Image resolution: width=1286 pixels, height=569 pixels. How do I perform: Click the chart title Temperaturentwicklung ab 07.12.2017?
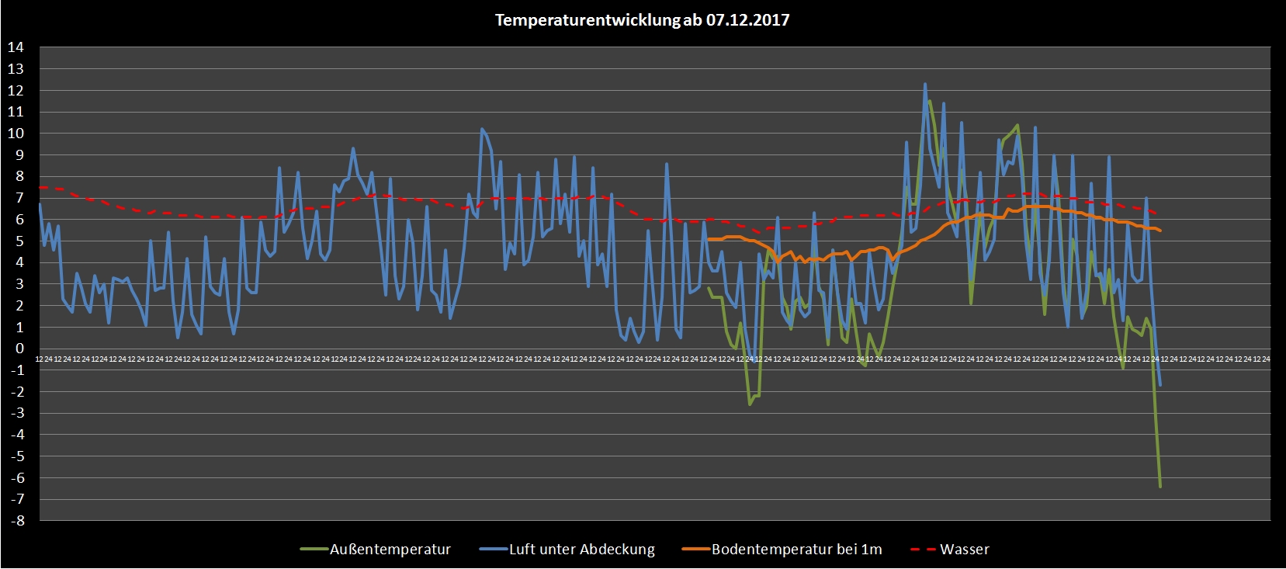[642, 20]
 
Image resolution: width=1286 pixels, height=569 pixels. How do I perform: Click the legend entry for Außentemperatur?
[390, 550]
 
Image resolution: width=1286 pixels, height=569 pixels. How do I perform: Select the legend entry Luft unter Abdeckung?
[581, 550]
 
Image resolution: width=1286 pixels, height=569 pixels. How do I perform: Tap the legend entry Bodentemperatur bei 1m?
[796, 550]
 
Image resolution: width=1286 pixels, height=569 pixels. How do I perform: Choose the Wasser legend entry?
[964, 550]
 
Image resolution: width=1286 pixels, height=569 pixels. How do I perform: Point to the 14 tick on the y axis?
[16, 47]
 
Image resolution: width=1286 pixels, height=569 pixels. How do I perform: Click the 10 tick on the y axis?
[16, 134]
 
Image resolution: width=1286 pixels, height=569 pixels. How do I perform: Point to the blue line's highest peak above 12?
[925, 84]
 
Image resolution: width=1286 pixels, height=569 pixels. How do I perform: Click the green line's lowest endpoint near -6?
[1160, 487]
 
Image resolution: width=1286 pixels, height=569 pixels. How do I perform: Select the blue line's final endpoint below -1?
[1160, 385]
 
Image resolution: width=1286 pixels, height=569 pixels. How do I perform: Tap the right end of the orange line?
[1160, 231]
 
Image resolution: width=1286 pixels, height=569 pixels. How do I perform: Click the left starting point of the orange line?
[709, 239]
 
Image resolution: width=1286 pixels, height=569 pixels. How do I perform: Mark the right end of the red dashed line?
[1159, 213]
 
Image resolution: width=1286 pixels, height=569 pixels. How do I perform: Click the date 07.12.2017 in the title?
[747, 20]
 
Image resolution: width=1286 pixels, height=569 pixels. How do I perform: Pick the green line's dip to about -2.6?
[750, 404]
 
